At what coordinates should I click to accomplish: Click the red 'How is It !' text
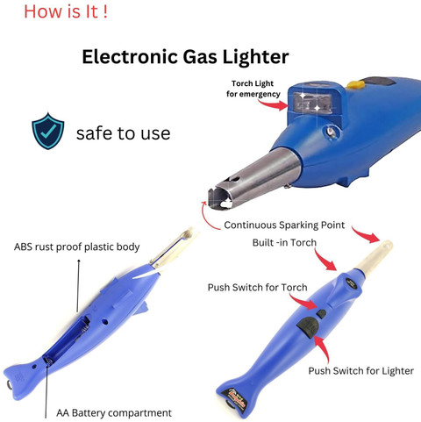[66, 12]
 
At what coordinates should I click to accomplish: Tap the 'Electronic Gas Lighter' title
[185, 56]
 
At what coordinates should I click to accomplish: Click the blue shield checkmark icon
[48, 131]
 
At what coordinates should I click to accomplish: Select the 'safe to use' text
[123, 133]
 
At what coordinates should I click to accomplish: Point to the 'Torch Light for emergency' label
[253, 89]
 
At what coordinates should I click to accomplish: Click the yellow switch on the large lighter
[356, 85]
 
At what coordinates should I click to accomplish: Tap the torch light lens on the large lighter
[314, 103]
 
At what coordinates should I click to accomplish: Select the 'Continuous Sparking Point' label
[284, 225]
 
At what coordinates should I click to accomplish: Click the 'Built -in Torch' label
[284, 242]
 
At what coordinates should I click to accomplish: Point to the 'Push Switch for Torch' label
[257, 288]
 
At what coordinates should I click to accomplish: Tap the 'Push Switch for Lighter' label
[360, 371]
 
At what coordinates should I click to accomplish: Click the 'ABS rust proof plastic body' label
[76, 247]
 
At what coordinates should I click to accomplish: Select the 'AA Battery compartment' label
[114, 413]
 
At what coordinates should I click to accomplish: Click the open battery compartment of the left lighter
[68, 340]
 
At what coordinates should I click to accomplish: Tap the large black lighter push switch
[308, 327]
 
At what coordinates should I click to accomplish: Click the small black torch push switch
[321, 314]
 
